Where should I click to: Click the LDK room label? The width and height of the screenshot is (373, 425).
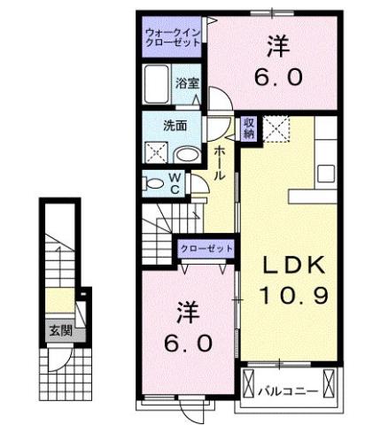click(293, 264)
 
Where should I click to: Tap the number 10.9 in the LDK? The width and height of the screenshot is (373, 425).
click(293, 293)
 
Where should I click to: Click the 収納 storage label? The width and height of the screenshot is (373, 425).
click(248, 127)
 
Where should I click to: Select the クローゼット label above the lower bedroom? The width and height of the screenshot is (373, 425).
click(206, 249)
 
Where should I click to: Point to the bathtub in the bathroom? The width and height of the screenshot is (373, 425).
click(157, 85)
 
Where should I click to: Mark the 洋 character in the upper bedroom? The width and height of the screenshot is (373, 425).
click(277, 44)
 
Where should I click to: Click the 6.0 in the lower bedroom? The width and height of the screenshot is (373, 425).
click(187, 343)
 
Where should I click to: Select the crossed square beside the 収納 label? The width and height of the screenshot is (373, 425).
click(276, 128)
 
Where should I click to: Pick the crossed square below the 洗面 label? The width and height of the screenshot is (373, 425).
click(156, 152)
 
